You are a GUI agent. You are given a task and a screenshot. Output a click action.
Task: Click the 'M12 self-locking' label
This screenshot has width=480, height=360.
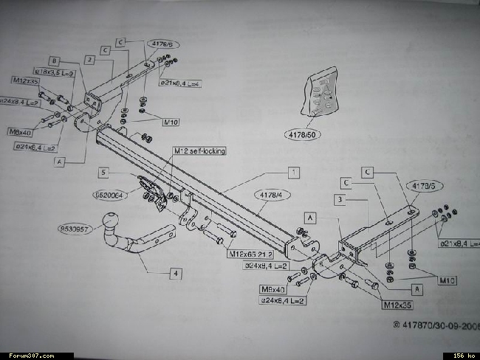tap(199, 151)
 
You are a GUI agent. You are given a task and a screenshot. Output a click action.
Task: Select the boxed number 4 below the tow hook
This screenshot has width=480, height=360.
tap(176, 273)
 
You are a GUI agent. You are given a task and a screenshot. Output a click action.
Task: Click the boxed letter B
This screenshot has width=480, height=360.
tap(54, 60)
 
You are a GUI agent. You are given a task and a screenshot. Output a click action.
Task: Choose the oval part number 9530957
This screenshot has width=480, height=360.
tap(78, 229)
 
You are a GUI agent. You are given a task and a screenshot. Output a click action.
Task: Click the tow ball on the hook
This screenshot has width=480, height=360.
tap(112, 220)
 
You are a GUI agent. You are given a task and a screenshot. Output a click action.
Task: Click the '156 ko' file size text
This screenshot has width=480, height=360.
tap(463, 356)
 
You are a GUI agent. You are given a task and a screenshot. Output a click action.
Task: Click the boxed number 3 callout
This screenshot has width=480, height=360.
tap(337, 199)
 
